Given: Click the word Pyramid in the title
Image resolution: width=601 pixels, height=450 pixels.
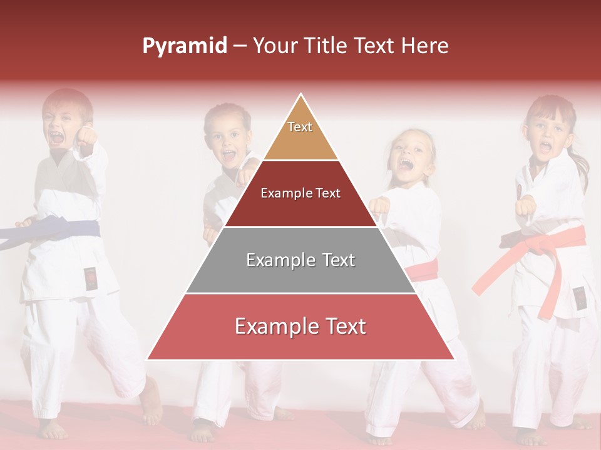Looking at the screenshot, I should tap(185, 46).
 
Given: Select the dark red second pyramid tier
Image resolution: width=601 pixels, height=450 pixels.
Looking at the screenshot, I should tap(300, 194).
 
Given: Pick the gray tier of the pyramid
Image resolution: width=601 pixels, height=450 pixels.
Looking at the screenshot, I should tap(300, 260).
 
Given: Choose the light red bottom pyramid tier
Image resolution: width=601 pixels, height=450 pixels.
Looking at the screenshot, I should tap(300, 326).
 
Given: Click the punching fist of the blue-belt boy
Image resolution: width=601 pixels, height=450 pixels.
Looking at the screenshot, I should tap(86, 136).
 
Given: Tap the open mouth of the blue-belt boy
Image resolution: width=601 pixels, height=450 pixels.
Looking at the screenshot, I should tap(57, 137).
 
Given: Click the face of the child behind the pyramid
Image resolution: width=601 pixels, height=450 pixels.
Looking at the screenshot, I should tap(225, 141).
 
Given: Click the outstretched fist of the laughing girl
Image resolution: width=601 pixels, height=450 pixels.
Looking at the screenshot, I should tap(378, 206).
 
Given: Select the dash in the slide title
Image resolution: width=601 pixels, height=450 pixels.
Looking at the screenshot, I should tap(240, 46).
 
